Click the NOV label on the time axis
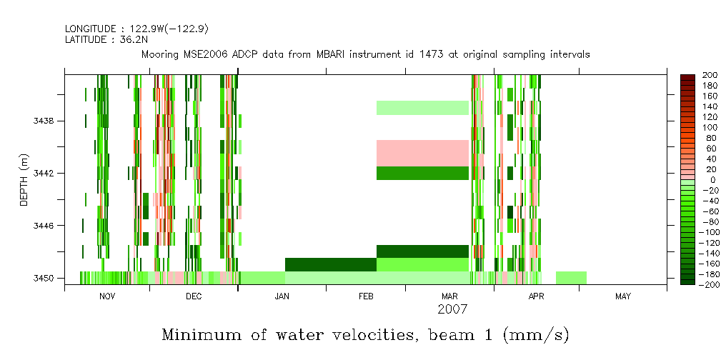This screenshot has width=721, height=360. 107,296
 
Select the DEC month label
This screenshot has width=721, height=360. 194,296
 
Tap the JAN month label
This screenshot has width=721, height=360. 282,296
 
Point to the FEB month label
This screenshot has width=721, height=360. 365,296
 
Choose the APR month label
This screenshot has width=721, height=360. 536,296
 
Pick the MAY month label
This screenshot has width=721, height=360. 623,296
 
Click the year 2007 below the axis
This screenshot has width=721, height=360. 452,309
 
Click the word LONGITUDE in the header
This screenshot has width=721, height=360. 89,29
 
